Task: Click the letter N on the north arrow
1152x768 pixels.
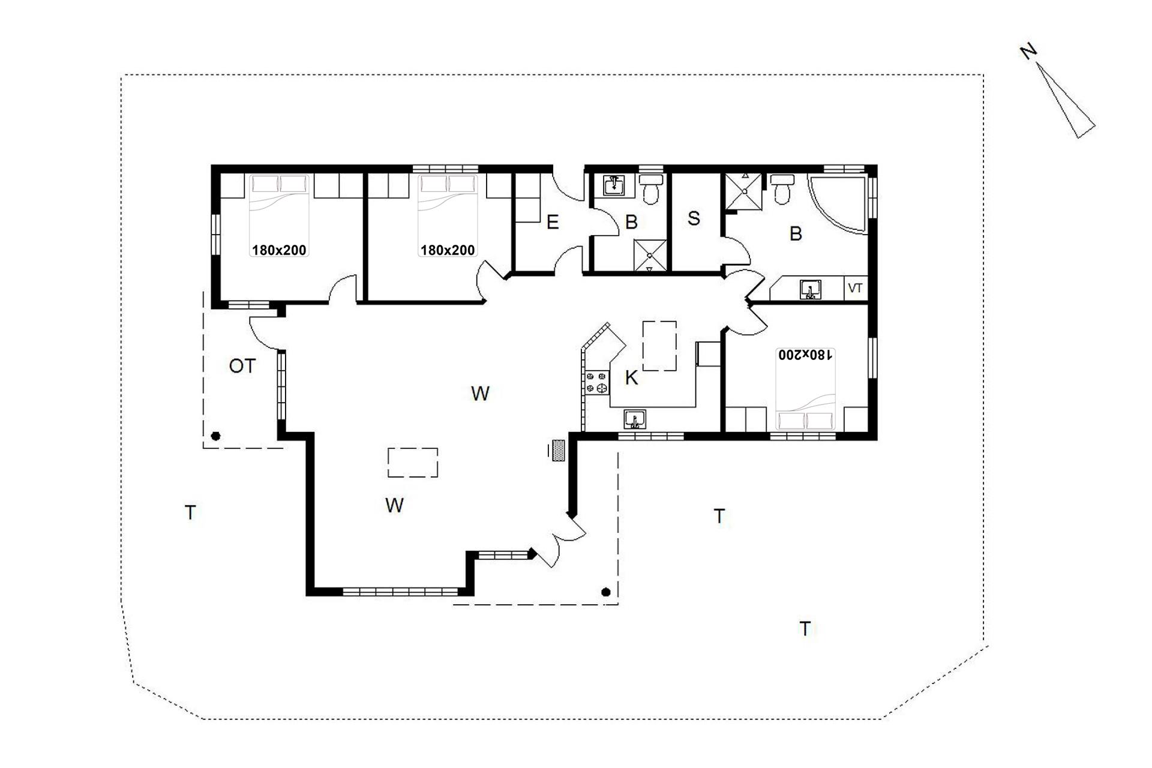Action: pyautogui.click(x=1028, y=52)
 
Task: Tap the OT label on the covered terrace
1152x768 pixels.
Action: pyautogui.click(x=242, y=366)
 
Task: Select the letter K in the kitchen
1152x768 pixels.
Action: pyautogui.click(x=631, y=377)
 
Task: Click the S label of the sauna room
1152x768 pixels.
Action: pyautogui.click(x=694, y=218)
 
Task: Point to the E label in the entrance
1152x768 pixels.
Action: pyautogui.click(x=553, y=223)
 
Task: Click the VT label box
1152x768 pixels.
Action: pyautogui.click(x=856, y=288)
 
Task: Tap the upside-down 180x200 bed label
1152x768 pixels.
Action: pyautogui.click(x=805, y=355)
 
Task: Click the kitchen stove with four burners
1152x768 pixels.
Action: pyautogui.click(x=597, y=383)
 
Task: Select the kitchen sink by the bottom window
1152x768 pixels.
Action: pyautogui.click(x=634, y=419)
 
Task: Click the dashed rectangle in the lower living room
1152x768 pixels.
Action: pyautogui.click(x=413, y=463)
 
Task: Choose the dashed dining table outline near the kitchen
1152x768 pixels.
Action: pyautogui.click(x=659, y=346)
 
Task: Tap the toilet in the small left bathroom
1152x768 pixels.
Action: pyautogui.click(x=650, y=188)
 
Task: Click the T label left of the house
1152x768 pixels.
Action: pyautogui.click(x=190, y=513)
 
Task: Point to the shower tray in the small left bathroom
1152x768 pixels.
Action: pyautogui.click(x=650, y=255)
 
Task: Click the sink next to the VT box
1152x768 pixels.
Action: pyautogui.click(x=811, y=289)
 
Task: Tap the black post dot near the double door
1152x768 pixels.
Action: pyautogui.click(x=606, y=592)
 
